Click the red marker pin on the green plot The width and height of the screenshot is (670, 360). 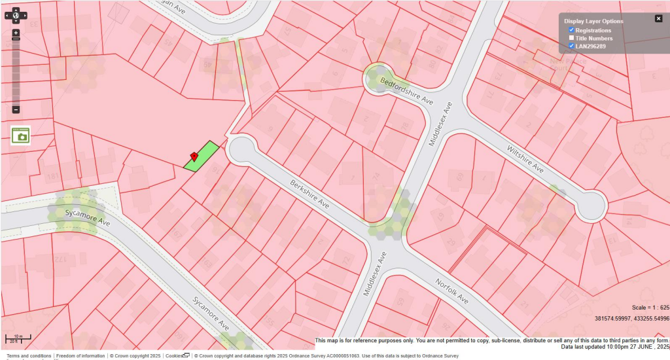(x=194, y=156)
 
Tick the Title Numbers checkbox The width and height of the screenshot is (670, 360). (x=571, y=38)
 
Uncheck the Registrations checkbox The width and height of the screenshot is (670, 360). (x=571, y=30)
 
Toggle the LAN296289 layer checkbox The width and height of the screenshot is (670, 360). (x=571, y=46)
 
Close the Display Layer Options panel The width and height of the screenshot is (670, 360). (x=658, y=18)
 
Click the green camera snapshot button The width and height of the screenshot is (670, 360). (x=21, y=135)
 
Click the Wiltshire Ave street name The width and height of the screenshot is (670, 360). (x=525, y=158)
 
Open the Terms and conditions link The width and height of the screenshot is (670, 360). (x=29, y=356)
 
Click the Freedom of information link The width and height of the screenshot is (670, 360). (x=80, y=356)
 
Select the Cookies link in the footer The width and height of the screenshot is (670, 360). (x=174, y=356)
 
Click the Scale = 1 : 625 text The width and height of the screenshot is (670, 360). (x=650, y=308)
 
